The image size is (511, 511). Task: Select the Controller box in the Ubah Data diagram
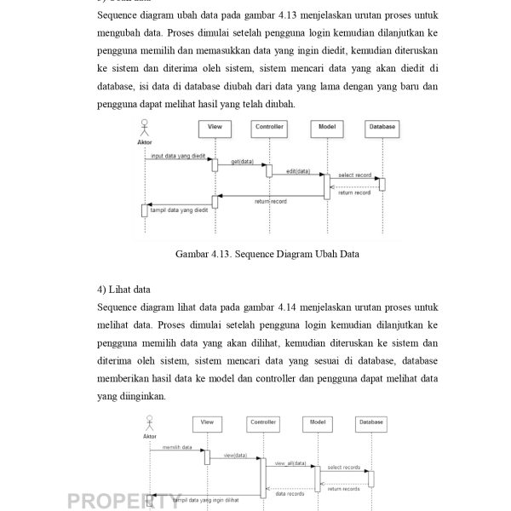[269, 128]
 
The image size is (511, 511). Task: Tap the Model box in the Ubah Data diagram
[326, 128]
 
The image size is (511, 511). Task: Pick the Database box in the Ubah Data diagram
[381, 128]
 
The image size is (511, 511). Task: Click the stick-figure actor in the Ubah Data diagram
[144, 129]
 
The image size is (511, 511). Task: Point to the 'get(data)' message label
[242, 161]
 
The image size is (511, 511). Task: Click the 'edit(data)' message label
[298, 171]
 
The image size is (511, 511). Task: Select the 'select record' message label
[354, 175]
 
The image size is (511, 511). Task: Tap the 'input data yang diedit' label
[178, 157]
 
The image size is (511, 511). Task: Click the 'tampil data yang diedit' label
[179, 209]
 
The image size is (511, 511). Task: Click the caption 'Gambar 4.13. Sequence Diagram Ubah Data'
[267, 254]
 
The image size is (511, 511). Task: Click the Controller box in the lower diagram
[262, 422]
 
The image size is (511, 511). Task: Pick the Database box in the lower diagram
[370, 422]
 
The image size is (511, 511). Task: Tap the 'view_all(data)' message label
[290, 462]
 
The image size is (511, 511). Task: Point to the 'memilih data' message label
[177, 446]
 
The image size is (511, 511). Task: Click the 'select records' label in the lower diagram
[344, 467]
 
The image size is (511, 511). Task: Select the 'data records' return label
[290, 493]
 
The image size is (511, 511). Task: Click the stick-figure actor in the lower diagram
[150, 424]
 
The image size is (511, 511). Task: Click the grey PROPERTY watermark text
[124, 501]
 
